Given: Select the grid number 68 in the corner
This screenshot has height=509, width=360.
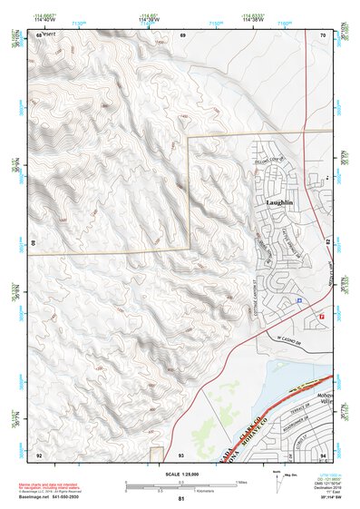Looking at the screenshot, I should pyautogui.click(x=39, y=34).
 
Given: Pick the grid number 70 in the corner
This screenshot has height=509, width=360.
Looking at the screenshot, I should pyautogui.click(x=324, y=34).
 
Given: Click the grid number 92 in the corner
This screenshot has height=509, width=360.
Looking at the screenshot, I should pyautogui.click(x=39, y=454).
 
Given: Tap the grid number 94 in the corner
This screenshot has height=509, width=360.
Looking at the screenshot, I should pyautogui.click(x=324, y=454).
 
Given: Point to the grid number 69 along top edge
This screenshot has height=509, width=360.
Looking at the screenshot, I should pyautogui.click(x=182, y=34).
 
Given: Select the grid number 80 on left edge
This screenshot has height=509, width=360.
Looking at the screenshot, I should pyautogui.click(x=35, y=243).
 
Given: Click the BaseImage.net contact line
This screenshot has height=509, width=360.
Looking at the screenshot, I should pyautogui.click(x=54, y=497).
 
